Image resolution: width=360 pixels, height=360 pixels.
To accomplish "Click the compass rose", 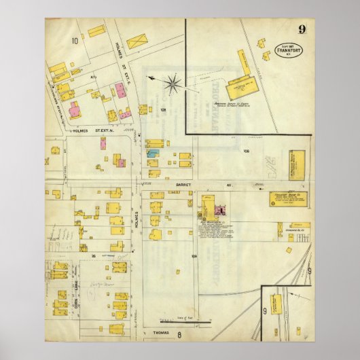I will pos(173,84).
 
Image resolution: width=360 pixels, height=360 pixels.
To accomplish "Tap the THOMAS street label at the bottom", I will pos(155,332).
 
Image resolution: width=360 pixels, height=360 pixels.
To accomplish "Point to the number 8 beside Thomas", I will pos(179,334).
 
